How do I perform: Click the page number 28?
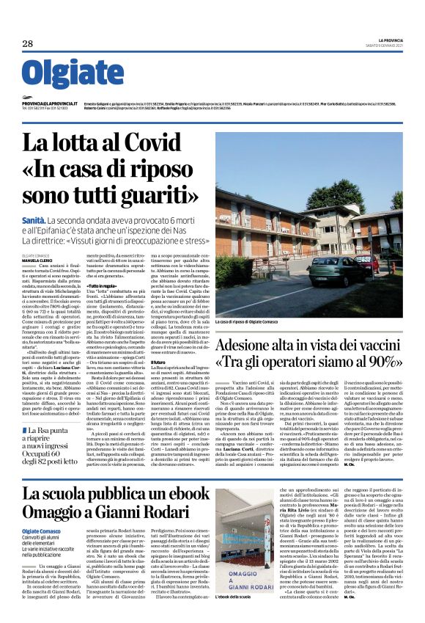[x=28, y=44]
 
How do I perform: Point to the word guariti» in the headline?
[x=158, y=196]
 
